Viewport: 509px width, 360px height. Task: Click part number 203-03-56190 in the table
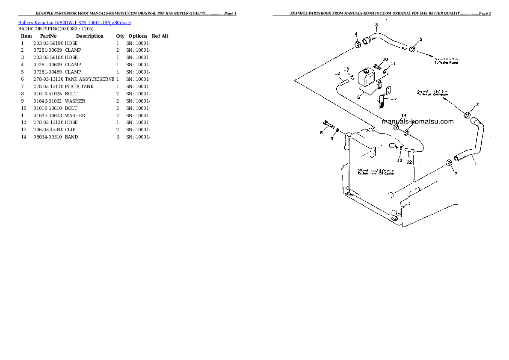click(48, 43)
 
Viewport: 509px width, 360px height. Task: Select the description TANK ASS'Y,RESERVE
click(89, 79)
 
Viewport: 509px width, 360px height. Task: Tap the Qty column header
click(120, 36)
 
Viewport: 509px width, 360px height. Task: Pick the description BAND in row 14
click(71, 137)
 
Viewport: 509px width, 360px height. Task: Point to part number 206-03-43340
click(48, 130)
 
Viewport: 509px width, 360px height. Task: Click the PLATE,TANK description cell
click(79, 86)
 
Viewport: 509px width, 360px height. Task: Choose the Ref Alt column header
click(160, 36)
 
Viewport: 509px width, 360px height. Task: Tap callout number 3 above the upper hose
click(376, 25)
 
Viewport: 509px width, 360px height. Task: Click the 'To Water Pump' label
click(446, 62)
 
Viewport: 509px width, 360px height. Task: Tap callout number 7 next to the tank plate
click(395, 99)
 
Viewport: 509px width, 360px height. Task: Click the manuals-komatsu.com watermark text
click(417, 121)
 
